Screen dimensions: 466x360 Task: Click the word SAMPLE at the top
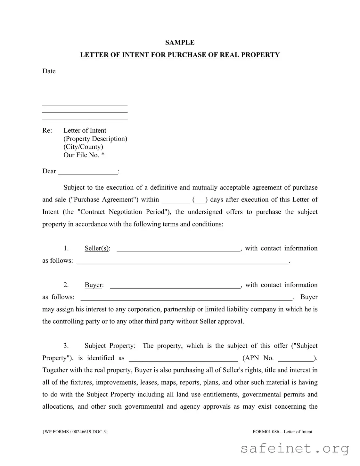[x=180, y=43]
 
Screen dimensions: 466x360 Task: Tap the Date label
[x=49, y=71]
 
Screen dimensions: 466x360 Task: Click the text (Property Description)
[x=95, y=139]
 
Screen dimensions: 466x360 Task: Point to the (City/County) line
[x=83, y=147]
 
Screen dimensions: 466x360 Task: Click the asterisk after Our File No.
[x=103, y=155]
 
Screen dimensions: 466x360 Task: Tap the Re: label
[x=47, y=130]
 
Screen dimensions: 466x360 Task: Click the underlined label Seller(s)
[x=97, y=249]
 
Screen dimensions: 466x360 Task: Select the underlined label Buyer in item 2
[x=93, y=285]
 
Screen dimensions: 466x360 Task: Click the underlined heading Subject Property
[x=109, y=346]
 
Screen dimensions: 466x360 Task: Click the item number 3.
[x=66, y=346]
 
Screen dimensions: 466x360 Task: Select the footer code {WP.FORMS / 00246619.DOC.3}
[x=75, y=432]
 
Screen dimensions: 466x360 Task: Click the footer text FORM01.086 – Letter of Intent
[x=282, y=432]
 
